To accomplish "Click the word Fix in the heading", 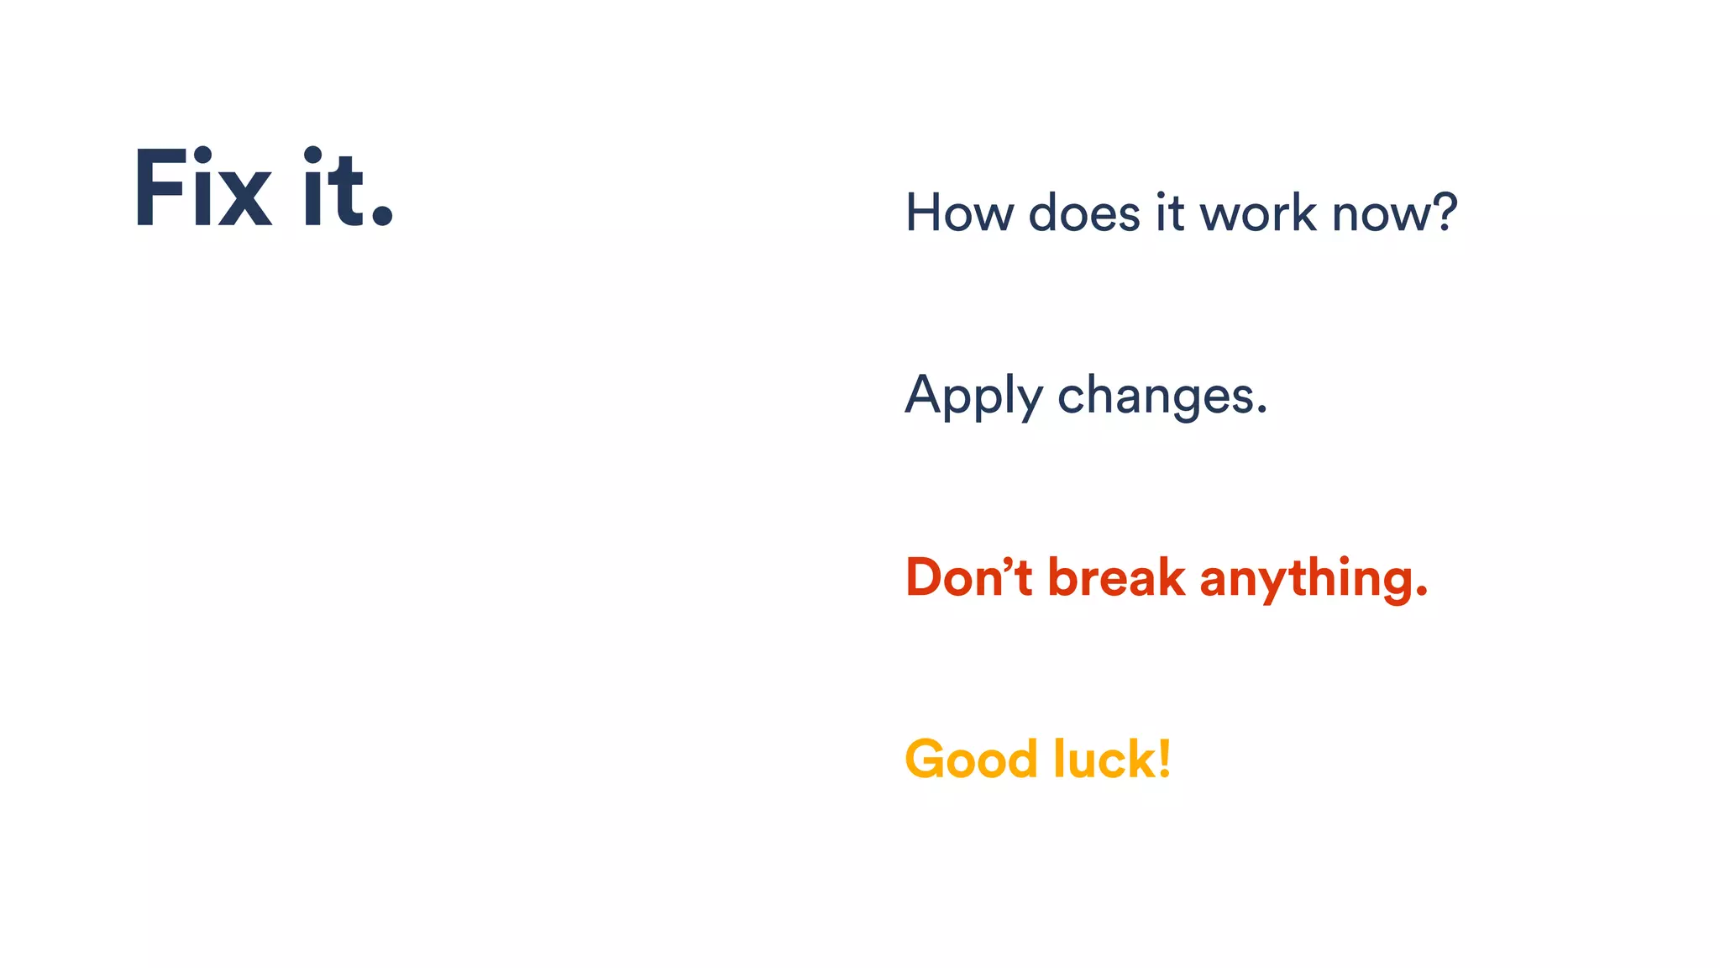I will pyautogui.click(x=202, y=188).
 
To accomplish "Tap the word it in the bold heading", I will pyautogui.click(x=333, y=188).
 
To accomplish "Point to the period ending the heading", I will pyautogui.click(x=382, y=216).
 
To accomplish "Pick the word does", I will pyautogui.click(x=1084, y=213).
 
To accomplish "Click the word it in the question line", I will pyautogui.click(x=1170, y=213).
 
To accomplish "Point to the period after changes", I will pyautogui.click(x=1261, y=412).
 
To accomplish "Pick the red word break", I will pyautogui.click(x=1116, y=578).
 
